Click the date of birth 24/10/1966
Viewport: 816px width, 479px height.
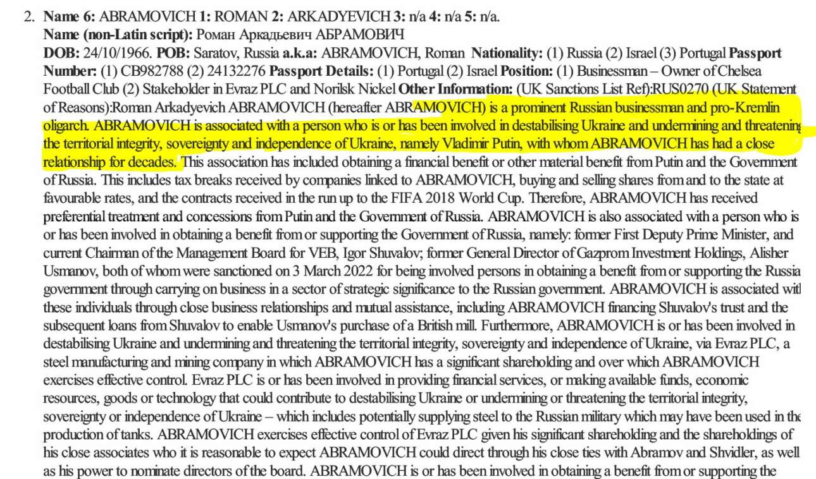pyautogui.click(x=120, y=52)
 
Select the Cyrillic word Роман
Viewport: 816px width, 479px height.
pyautogui.click(x=216, y=34)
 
